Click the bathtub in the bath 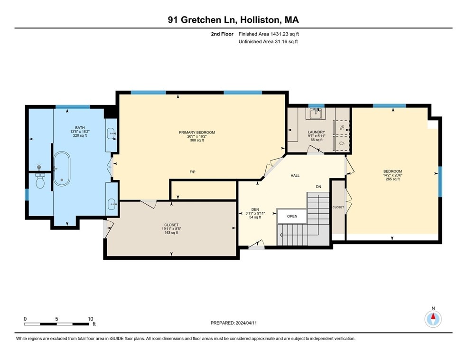click(x=62, y=169)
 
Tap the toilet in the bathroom click(x=40, y=180)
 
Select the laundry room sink click(x=316, y=114)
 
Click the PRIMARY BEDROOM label click(x=197, y=133)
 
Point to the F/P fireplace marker click(x=192, y=172)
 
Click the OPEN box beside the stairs click(x=292, y=216)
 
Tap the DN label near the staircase click(x=318, y=187)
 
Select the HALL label click(x=295, y=176)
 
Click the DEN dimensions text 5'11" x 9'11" click(x=255, y=213)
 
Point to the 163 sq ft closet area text click(x=171, y=233)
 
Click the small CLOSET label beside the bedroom click(x=338, y=207)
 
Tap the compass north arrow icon click(x=433, y=319)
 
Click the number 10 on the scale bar click(x=91, y=319)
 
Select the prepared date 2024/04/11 click(x=246, y=323)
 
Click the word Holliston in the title click(x=260, y=19)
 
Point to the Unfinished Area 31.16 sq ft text click(x=268, y=42)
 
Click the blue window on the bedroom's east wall click(x=440, y=181)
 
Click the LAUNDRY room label click(x=316, y=132)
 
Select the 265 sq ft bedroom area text click(x=392, y=179)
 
